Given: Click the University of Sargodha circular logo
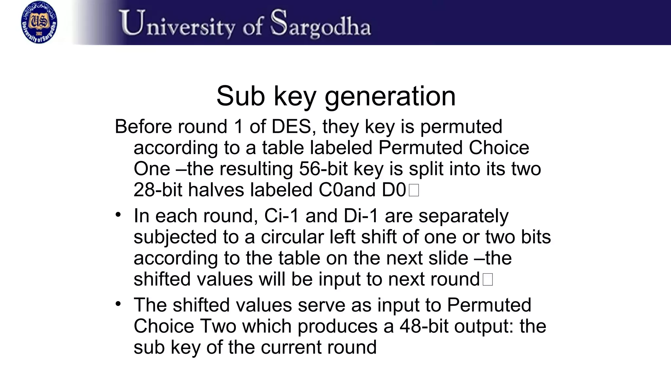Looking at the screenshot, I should click(x=39, y=22).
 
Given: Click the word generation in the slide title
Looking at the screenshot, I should click(x=390, y=96).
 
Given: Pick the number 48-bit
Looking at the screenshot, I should click(x=424, y=326).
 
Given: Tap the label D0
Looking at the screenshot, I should click(x=394, y=190).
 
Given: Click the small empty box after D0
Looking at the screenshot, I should click(x=414, y=190).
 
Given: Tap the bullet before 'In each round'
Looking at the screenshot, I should click(x=118, y=215).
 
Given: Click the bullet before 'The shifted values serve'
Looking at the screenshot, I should click(x=118, y=304).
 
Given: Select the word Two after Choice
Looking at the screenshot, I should click(x=218, y=326).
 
